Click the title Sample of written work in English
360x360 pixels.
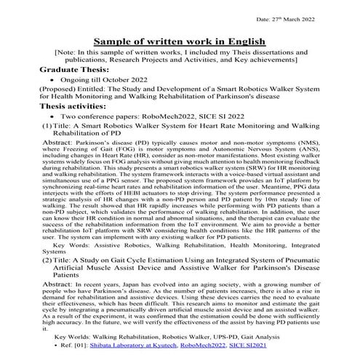pyautogui.click(x=180, y=42)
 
